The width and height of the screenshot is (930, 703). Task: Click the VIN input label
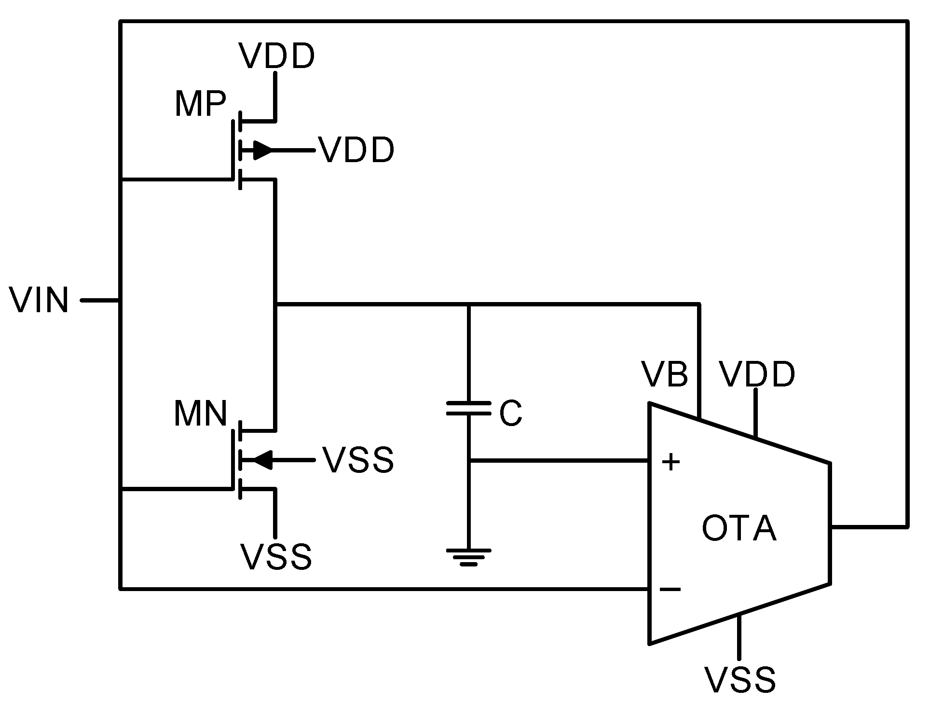39,301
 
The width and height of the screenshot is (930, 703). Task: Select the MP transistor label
200,104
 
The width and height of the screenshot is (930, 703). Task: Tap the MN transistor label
200,414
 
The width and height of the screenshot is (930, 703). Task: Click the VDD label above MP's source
277,56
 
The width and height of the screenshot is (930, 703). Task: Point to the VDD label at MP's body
356,151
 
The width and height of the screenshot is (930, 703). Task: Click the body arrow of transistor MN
263,460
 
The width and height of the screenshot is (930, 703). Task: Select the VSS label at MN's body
358,460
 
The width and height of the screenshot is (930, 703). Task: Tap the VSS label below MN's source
277,557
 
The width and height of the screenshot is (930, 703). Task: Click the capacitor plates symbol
468,408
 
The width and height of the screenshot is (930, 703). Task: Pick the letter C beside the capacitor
510,414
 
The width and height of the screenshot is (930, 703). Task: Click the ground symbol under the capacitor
468,556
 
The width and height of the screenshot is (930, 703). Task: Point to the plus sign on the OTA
670,462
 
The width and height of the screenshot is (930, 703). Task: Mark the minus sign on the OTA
670,589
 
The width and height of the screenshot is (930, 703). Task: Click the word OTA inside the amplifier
739,529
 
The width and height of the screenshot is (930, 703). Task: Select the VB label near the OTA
665,374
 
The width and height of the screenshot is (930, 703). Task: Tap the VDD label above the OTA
757,374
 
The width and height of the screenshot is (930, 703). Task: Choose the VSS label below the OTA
740,680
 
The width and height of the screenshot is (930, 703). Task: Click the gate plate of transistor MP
233,150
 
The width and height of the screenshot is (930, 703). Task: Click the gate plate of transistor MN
233,460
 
